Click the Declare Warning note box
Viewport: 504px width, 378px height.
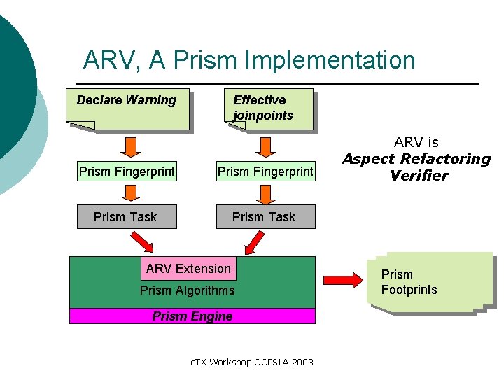pos(127,108)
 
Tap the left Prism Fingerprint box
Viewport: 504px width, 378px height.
pos(127,171)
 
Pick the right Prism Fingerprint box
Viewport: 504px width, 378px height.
pos(265,171)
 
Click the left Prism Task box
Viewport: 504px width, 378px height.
pos(126,217)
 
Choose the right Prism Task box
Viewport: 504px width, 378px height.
pos(265,217)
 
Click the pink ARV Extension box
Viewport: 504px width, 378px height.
pos(188,269)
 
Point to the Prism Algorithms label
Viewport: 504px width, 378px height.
pos(188,290)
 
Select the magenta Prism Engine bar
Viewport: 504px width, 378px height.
pos(192,316)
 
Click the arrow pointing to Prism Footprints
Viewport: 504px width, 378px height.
pos(342,281)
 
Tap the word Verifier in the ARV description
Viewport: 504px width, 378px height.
pos(419,176)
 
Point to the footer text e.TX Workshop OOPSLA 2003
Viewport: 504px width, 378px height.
pos(252,362)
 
